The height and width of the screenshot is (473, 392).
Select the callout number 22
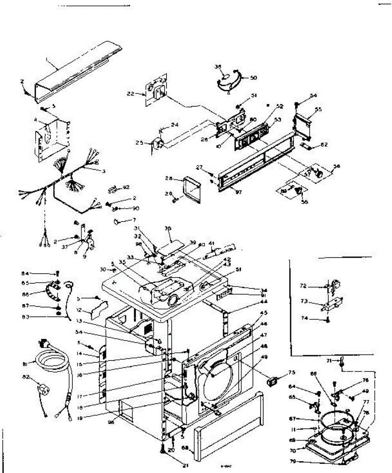(141, 93)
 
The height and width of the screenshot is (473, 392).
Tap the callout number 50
(253, 78)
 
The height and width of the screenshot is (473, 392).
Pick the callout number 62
(324, 145)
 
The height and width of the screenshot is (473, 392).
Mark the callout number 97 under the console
(238, 192)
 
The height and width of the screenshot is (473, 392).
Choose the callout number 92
(126, 187)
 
